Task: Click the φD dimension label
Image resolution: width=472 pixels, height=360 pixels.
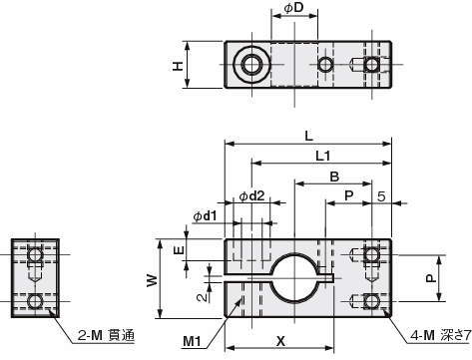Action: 293,8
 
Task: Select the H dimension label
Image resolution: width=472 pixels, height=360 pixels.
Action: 178,66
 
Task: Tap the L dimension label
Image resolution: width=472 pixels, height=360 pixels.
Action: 309,136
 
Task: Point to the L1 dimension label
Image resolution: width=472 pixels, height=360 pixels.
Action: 322,156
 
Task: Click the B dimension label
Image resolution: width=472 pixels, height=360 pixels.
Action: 334,177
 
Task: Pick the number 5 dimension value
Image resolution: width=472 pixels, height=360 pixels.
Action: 381,196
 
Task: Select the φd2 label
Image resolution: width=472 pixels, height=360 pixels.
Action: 252,196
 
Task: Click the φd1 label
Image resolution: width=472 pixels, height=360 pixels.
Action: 205,216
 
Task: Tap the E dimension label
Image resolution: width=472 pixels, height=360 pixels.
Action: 179,250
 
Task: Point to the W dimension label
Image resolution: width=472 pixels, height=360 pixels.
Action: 152,280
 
